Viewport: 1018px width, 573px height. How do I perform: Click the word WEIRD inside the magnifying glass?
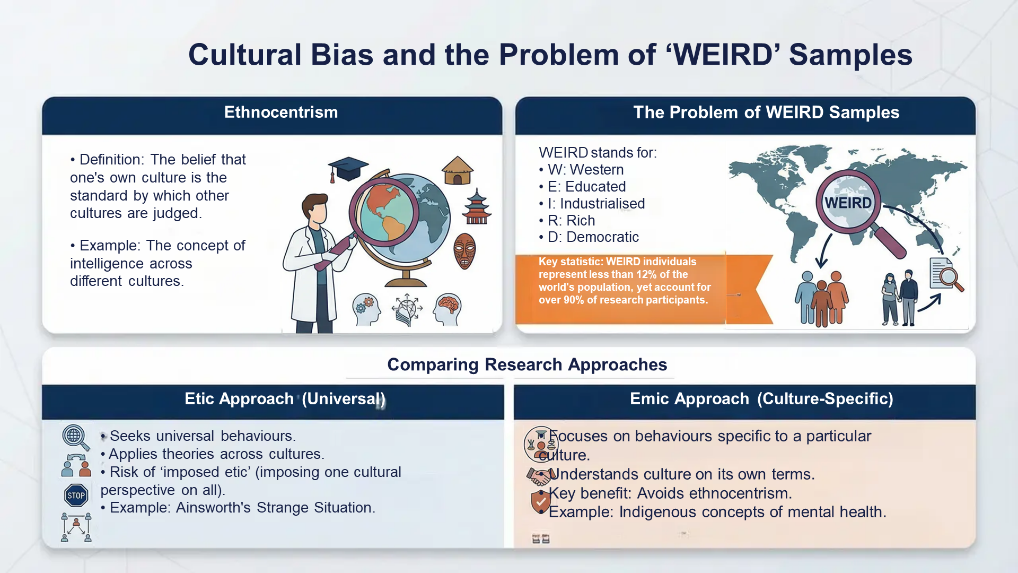point(848,203)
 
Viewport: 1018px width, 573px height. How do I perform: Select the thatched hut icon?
point(457,171)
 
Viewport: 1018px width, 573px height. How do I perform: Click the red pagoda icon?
point(477,207)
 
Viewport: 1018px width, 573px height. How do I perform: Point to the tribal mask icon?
point(464,251)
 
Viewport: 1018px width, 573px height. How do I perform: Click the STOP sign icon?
point(76,496)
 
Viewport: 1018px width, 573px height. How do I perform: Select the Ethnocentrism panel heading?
point(280,112)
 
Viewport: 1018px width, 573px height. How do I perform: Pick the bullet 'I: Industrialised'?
point(596,204)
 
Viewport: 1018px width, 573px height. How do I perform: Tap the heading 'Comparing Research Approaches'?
point(526,365)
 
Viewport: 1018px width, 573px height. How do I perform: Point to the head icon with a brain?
point(447,309)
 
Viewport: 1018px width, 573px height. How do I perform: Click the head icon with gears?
point(366,309)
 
